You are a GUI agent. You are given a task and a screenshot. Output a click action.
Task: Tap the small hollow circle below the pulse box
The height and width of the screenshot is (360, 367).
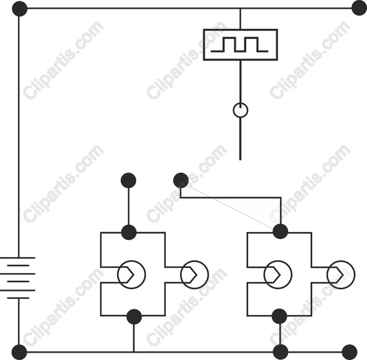[x=241, y=103]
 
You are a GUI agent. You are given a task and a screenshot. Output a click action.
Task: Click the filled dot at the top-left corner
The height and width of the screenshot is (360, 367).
[x=20, y=9]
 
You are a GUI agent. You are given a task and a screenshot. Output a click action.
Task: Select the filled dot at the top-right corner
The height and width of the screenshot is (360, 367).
[x=359, y=8]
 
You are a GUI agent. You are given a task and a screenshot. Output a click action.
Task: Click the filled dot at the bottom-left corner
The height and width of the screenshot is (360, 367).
[x=19, y=352]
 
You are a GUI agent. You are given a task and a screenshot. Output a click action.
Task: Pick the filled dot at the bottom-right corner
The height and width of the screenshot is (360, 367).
[x=350, y=352]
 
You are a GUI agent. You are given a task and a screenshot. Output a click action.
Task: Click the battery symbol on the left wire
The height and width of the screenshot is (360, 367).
[x=18, y=278]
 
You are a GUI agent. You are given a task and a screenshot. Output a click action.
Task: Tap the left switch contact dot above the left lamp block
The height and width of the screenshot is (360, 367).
[x=128, y=180]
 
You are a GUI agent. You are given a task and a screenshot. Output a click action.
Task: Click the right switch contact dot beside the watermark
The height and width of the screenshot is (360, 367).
[x=181, y=180]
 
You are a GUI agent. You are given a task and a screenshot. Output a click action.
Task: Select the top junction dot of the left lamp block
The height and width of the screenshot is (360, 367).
[x=129, y=232]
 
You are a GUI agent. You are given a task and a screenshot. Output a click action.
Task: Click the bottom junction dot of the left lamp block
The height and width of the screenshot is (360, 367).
[x=134, y=317]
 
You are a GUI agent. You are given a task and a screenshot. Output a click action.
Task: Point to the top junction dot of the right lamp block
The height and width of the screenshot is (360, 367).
[x=281, y=232]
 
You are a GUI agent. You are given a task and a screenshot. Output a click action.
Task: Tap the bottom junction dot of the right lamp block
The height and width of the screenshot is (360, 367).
[x=279, y=316]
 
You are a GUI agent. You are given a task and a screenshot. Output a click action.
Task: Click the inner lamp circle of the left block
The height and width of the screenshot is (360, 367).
[x=131, y=261]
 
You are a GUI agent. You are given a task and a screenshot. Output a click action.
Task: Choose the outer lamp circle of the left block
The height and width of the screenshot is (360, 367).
[x=194, y=261]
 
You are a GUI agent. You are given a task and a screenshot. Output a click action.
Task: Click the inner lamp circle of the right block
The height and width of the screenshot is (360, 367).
[x=278, y=261]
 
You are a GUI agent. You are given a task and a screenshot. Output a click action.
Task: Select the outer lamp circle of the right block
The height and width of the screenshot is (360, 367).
[x=340, y=261]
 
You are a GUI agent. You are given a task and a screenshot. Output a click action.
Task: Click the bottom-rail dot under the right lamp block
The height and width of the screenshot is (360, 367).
[x=281, y=352]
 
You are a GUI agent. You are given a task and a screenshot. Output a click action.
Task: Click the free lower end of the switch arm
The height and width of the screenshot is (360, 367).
[x=241, y=160]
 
